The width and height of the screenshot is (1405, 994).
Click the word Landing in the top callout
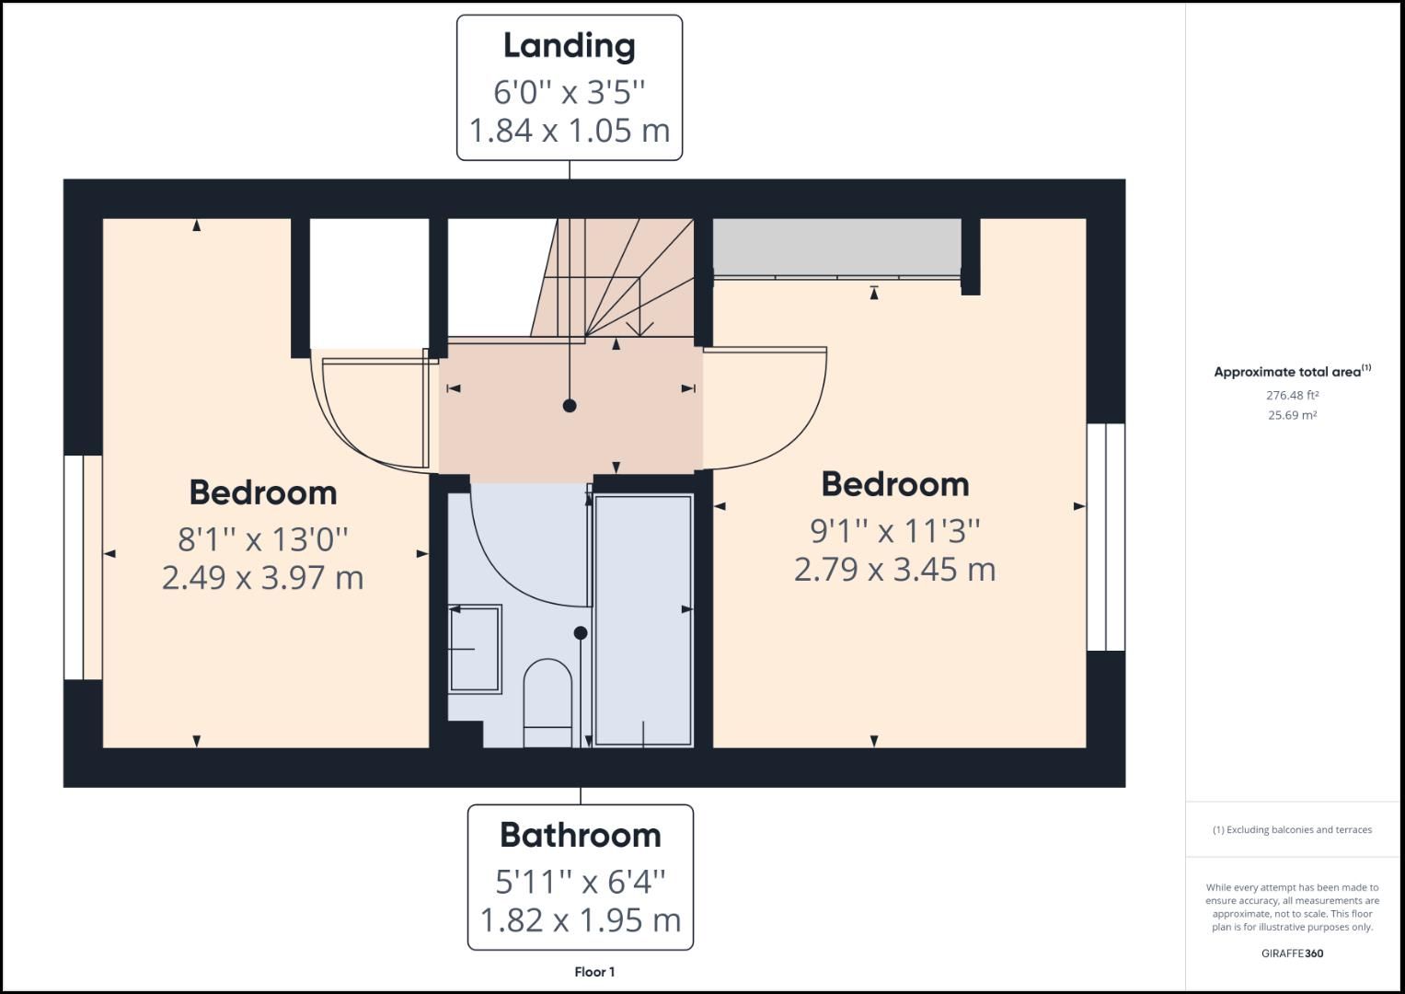pyautogui.click(x=569, y=46)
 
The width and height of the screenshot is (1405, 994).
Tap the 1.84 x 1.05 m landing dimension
pyautogui.click(x=569, y=131)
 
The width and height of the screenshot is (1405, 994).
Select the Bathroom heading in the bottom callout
pyautogui.click(x=580, y=835)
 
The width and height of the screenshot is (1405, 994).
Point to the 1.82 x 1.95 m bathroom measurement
pyautogui.click(x=580, y=919)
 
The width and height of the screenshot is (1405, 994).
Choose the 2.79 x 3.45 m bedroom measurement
pyautogui.click(x=894, y=570)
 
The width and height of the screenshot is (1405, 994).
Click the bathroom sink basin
pyautogui.click(x=474, y=649)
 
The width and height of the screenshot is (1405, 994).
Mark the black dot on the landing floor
pyautogui.click(x=570, y=405)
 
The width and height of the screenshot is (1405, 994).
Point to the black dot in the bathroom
pyautogui.click(x=581, y=633)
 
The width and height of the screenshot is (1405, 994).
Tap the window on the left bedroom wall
pyautogui.click(x=83, y=567)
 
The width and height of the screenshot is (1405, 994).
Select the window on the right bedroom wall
pyautogui.click(x=1106, y=537)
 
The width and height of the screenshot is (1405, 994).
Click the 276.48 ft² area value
pyautogui.click(x=1292, y=396)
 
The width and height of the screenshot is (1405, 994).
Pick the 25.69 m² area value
pyautogui.click(x=1292, y=415)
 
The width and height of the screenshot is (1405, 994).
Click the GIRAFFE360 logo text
pyautogui.click(x=1292, y=954)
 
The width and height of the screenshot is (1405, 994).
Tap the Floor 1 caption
pyautogui.click(x=594, y=972)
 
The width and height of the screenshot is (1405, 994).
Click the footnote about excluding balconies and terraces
pyautogui.click(x=1292, y=830)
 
